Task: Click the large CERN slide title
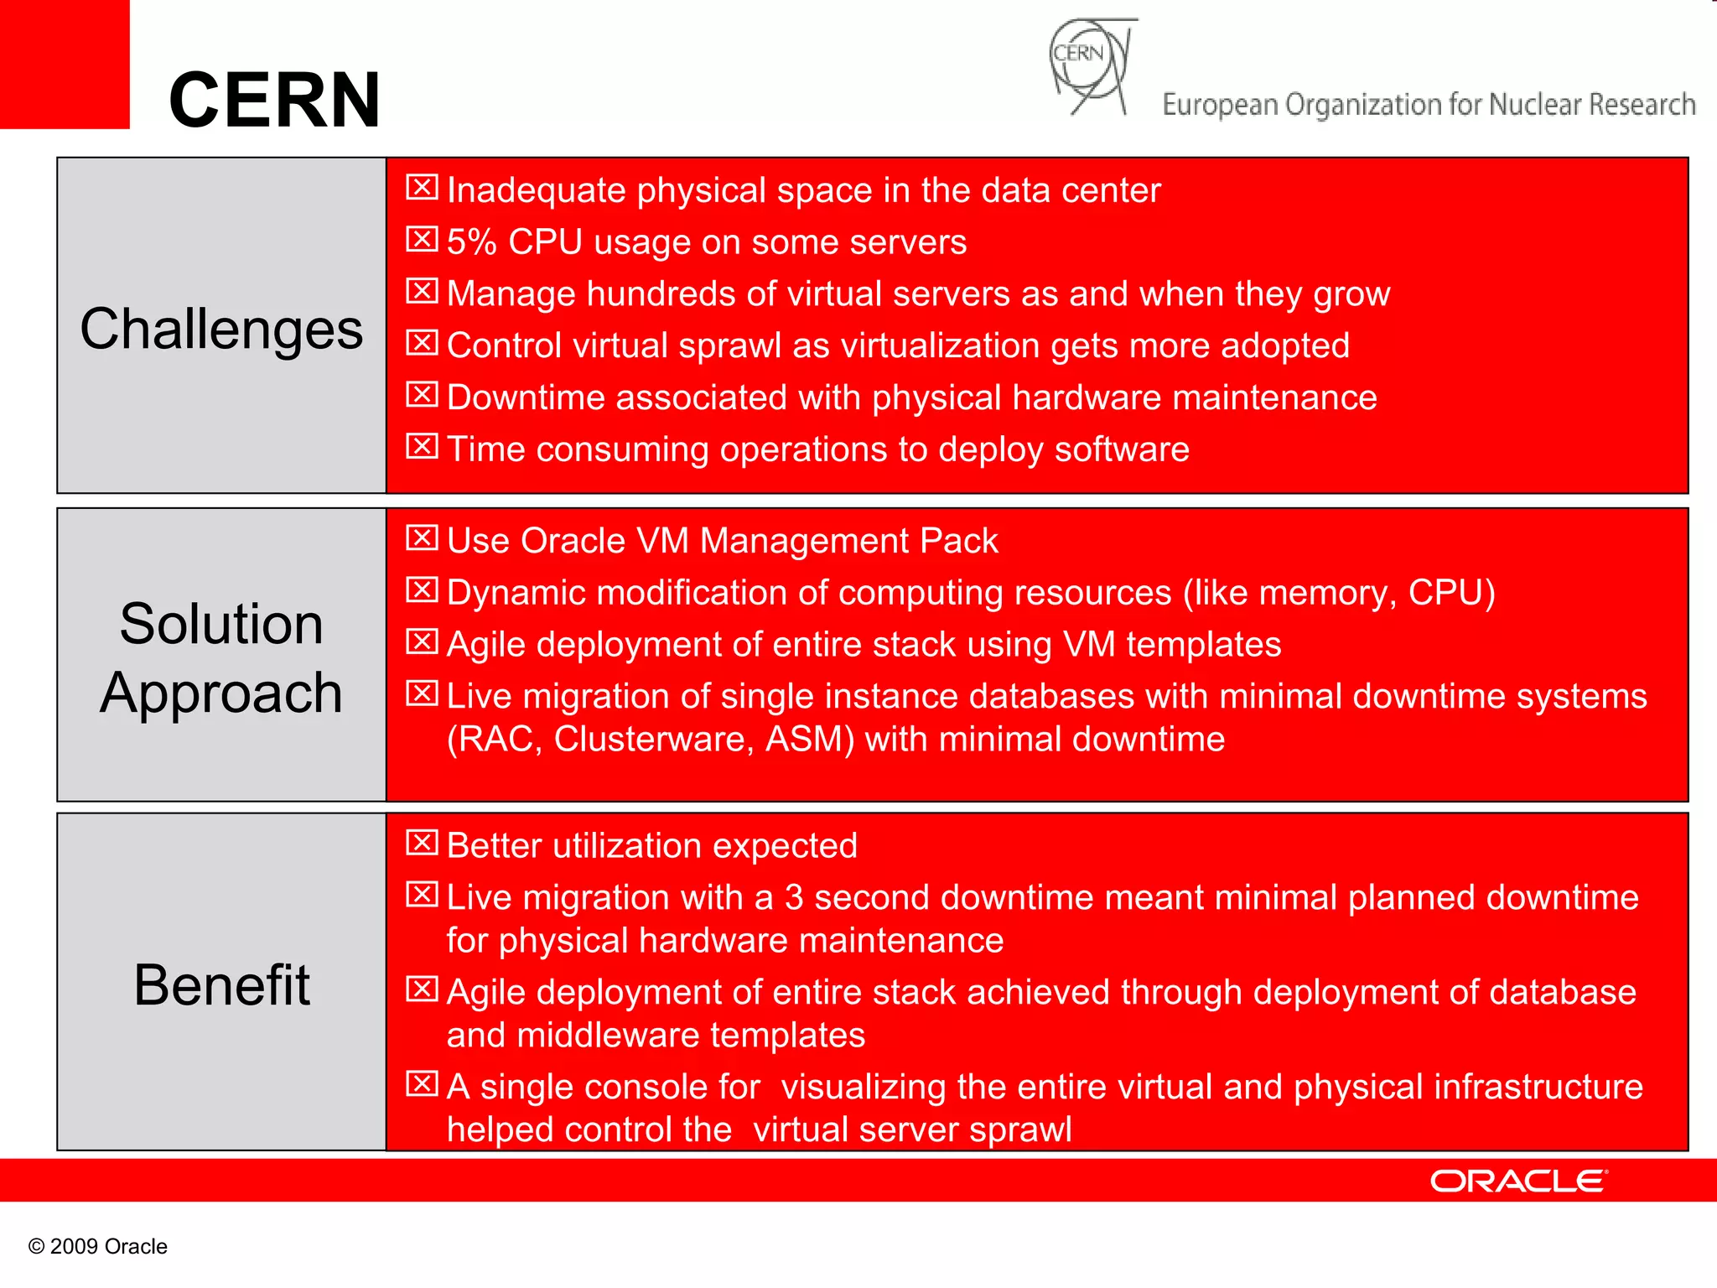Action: coord(274,100)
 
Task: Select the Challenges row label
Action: coord(221,329)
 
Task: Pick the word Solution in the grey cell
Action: coord(221,624)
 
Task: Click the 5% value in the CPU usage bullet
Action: coord(471,242)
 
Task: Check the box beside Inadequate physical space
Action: coord(422,187)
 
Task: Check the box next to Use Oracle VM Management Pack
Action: coord(422,538)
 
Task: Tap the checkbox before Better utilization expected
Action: coord(422,842)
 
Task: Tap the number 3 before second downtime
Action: coord(793,898)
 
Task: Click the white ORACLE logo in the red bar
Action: coord(1517,1181)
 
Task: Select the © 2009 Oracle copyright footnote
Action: coord(98,1246)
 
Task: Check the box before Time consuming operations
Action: coord(422,446)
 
